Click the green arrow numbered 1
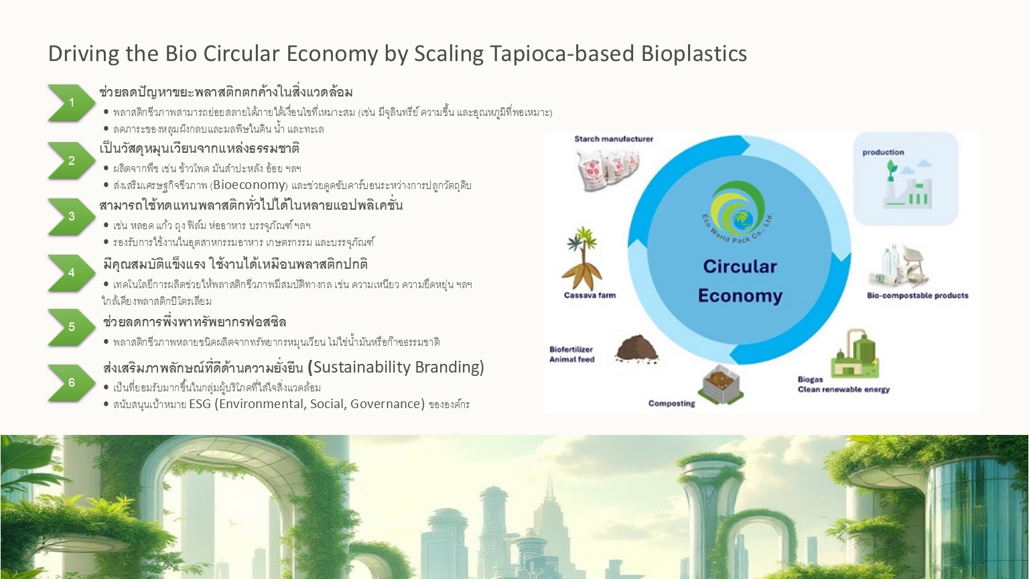coord(72,103)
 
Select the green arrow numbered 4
coord(72,273)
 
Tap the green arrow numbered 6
coord(72,383)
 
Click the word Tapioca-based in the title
coord(562,54)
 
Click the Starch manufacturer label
coord(613,139)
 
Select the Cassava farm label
coord(590,295)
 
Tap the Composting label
coord(672,403)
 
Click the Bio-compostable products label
coord(917,296)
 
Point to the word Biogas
coord(811,379)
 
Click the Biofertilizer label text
coord(571,349)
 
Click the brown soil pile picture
coord(636,348)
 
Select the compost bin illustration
coord(720,384)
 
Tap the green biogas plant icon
coord(854,353)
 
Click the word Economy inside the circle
coord(740,296)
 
